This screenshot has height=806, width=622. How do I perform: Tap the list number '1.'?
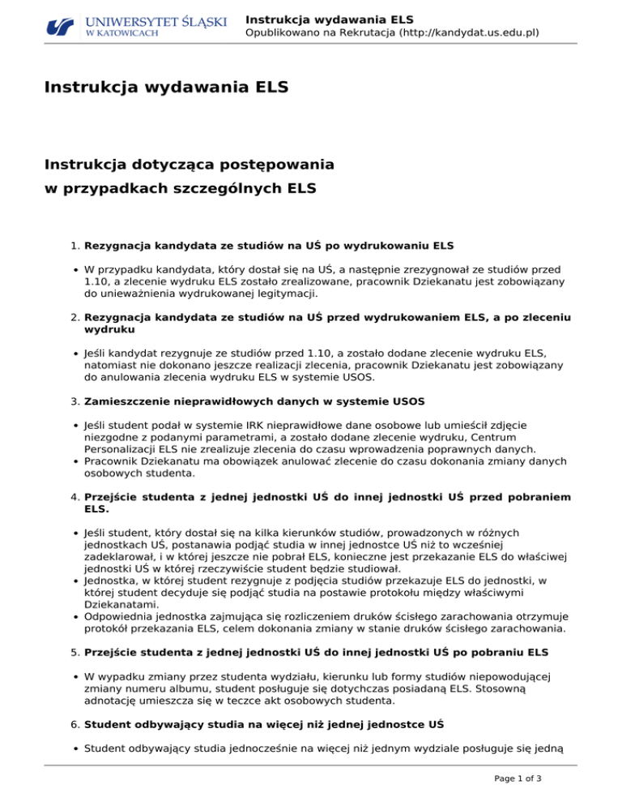click(70, 244)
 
